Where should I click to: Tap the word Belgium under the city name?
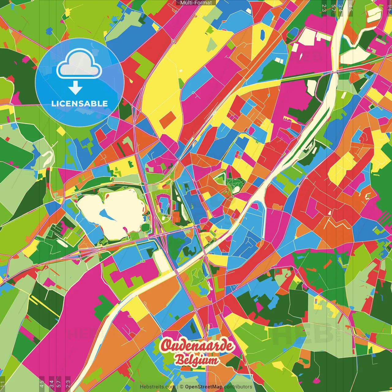pos(197,360)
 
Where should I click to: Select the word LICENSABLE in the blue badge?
pos(80,104)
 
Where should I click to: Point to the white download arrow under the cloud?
pos(75,88)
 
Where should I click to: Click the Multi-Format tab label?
pos(196,3)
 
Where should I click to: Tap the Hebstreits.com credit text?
pos(157,387)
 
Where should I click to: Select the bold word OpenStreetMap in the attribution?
pos(203,387)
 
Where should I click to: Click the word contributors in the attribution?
pos(238,387)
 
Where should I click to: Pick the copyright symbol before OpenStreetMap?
pos(182,387)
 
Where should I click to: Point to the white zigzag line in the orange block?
pos(338,225)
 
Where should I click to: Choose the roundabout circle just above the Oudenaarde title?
pos(195,310)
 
